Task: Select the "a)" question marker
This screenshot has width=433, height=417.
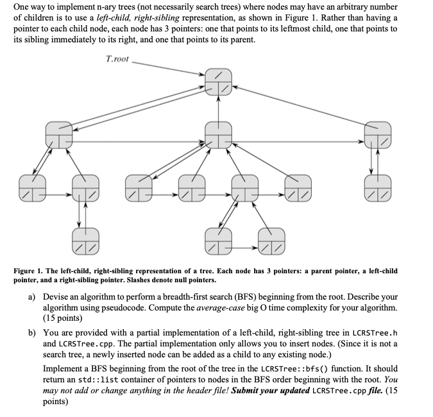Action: [31, 298]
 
